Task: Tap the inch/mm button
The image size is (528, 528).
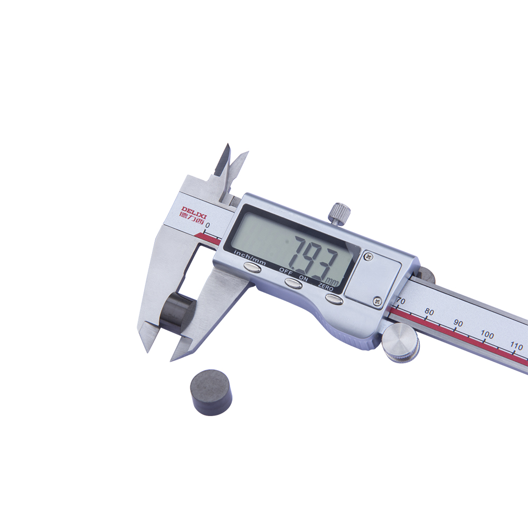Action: (x=252, y=268)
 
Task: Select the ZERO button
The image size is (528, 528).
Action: (x=334, y=299)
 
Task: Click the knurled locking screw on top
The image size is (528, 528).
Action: (x=339, y=214)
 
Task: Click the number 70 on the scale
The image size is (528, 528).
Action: (x=401, y=301)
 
